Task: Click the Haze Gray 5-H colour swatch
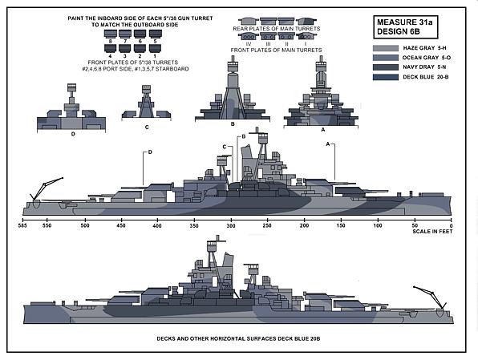[385, 48]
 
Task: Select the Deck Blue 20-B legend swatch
[385, 77]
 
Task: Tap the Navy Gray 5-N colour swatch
[385, 67]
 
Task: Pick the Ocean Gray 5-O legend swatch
[385, 58]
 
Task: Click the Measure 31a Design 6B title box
[406, 26]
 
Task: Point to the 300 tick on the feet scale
[231, 220]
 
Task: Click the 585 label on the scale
[22, 226]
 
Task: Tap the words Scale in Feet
[432, 232]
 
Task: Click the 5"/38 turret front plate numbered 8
[111, 34]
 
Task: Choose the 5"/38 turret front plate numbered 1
[155, 48]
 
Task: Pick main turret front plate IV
[249, 37]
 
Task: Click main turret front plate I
[306, 37]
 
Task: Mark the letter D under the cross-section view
[73, 134]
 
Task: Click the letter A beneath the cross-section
[323, 130]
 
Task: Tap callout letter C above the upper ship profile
[225, 147]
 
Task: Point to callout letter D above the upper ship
[150, 152]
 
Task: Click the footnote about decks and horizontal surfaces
[238, 338]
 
